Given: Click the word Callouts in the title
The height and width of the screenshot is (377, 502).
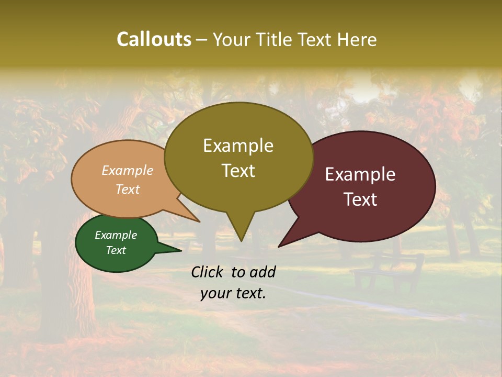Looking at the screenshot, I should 154,39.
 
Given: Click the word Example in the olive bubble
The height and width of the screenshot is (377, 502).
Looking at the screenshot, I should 238,146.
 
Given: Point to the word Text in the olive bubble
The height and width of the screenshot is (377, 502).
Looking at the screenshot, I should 238,171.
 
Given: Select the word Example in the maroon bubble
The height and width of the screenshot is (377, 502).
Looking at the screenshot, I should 360,174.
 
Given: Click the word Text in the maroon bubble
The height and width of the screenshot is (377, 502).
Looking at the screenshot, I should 360,199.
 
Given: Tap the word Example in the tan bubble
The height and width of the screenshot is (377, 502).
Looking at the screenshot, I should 127,170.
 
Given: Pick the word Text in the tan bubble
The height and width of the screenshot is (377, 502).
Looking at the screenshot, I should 127,189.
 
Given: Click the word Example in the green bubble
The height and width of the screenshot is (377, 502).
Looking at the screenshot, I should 116,235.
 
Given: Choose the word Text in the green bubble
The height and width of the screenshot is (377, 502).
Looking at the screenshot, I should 116,250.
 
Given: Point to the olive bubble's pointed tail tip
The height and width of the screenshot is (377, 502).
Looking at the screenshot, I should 241,241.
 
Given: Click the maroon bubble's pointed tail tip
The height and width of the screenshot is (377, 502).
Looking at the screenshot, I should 279,247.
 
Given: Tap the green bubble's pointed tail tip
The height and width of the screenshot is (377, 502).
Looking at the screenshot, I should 181,251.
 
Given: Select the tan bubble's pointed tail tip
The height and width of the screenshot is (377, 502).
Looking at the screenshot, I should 200,222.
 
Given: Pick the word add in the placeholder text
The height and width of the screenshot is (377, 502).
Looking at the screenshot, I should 263,272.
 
